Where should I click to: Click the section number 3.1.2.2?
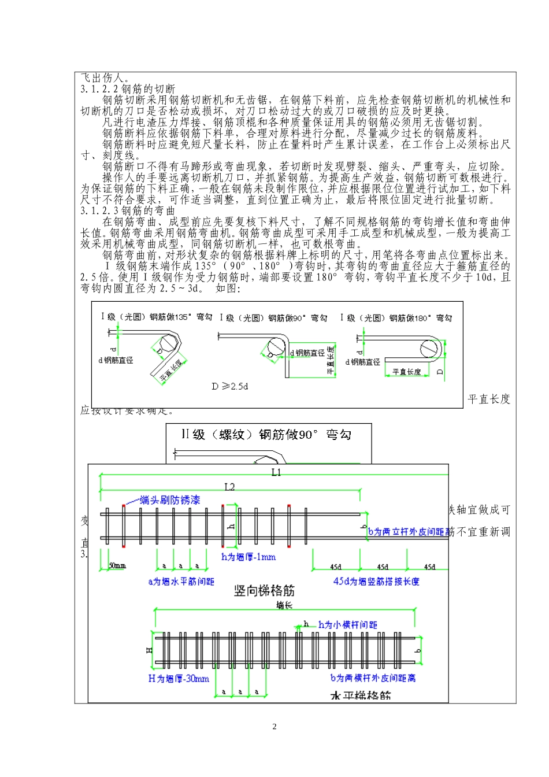tap(100, 89)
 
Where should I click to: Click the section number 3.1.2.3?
tap(100, 211)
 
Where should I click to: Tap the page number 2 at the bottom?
tap(274, 727)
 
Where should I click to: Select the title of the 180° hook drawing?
tap(396, 317)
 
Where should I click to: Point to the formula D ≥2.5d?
tap(229, 386)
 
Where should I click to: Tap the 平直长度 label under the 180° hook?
tap(406, 372)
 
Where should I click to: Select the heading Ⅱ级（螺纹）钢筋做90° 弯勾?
tap(266, 435)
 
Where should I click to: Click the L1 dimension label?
tap(276, 472)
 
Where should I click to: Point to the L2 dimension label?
tap(230, 487)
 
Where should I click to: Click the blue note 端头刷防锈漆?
tap(170, 500)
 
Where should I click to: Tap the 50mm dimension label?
tap(117, 566)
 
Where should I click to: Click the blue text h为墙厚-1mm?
tap(248, 557)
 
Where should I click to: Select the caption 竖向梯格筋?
tap(264, 591)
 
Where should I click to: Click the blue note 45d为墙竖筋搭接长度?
tap(376, 582)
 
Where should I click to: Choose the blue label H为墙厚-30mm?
tap(179, 679)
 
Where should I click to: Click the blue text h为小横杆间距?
tap(347, 625)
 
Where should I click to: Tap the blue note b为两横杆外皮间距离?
tap(373, 678)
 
